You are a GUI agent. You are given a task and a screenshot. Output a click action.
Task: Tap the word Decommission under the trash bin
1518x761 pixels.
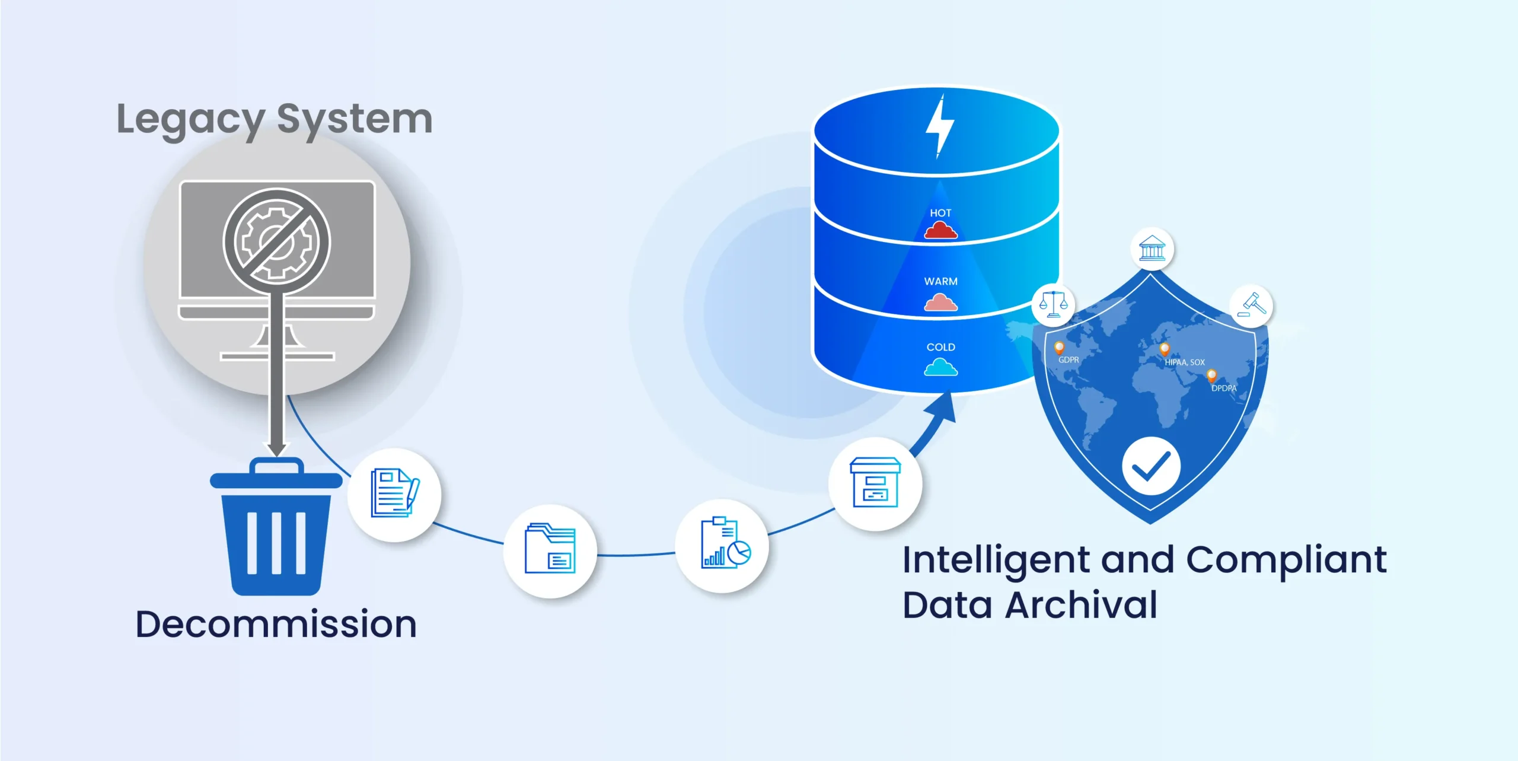click(276, 625)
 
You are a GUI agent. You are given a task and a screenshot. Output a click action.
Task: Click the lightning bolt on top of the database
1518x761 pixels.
click(940, 126)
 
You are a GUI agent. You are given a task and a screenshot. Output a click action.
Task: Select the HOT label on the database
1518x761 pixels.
click(940, 213)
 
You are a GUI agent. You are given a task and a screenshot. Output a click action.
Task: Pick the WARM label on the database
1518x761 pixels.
click(940, 281)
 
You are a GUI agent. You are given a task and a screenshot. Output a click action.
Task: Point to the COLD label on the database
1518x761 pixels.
click(940, 347)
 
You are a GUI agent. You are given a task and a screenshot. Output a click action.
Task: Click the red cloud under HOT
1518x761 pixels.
click(940, 230)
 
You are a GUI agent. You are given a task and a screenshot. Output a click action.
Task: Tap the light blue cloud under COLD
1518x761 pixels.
click(940, 368)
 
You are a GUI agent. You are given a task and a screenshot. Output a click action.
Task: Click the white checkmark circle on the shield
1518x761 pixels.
click(1151, 466)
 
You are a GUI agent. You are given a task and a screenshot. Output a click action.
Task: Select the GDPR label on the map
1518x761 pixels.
click(1069, 360)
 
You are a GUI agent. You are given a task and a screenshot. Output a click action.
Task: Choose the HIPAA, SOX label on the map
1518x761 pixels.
click(1184, 362)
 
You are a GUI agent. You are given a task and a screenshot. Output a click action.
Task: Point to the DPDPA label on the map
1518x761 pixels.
click(1224, 389)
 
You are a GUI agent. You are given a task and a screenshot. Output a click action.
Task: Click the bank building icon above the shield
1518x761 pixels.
click(1152, 249)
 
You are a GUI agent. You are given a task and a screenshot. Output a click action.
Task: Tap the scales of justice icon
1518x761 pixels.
click(1053, 304)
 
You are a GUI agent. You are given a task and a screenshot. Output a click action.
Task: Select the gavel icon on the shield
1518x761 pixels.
click(1251, 305)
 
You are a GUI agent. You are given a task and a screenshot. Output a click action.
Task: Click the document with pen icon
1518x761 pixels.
click(394, 493)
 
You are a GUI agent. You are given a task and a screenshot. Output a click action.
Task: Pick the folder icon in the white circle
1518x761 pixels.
click(550, 549)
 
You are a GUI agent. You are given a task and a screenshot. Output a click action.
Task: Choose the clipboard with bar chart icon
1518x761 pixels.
click(724, 544)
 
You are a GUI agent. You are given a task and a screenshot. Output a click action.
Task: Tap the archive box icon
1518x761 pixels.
click(875, 483)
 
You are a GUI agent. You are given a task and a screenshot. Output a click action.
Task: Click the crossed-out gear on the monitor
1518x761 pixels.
click(276, 241)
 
